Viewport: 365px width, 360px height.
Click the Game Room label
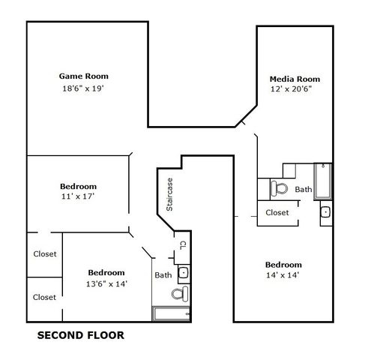click(84, 76)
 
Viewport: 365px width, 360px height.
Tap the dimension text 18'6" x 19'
click(84, 88)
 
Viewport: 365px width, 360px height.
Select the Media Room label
click(295, 78)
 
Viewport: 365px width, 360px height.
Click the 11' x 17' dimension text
click(78, 196)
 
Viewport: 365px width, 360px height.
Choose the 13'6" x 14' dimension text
click(106, 283)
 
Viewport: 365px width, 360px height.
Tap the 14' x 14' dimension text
click(283, 276)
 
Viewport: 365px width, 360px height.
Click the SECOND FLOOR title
click(80, 335)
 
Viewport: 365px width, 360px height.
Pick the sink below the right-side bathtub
click(325, 212)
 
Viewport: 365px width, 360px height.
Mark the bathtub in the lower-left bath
click(172, 313)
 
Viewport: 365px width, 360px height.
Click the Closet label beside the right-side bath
click(278, 213)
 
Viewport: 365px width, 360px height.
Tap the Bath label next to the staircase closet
click(163, 275)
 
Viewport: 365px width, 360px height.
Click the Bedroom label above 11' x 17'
click(78, 186)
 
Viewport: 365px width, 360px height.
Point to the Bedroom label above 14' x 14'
click(283, 265)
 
